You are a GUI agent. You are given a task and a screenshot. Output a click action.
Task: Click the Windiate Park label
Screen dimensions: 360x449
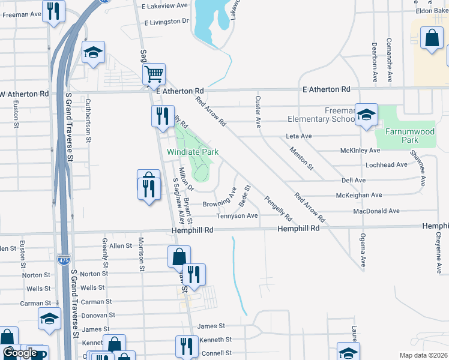coord(192,152)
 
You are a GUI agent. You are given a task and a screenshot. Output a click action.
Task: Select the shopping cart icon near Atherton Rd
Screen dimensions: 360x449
coord(154,74)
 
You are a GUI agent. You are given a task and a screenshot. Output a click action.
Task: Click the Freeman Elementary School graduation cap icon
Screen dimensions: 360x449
coord(366,114)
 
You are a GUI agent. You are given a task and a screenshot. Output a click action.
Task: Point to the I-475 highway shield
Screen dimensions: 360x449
coord(64,259)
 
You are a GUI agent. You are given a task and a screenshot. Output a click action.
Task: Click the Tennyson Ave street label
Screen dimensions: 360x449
coord(237,216)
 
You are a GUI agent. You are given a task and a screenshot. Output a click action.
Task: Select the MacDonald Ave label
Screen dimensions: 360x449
coord(376,211)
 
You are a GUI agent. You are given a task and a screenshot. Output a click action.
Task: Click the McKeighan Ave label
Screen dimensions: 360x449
coord(359,196)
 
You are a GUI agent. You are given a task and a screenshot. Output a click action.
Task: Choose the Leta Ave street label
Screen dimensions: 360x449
coord(298,136)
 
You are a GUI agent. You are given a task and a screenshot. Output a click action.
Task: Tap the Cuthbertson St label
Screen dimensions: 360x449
coord(88,120)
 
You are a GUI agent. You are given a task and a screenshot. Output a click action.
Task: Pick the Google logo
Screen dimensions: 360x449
coord(20,353)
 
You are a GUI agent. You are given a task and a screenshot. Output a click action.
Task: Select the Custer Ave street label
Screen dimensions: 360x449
coord(258,112)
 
